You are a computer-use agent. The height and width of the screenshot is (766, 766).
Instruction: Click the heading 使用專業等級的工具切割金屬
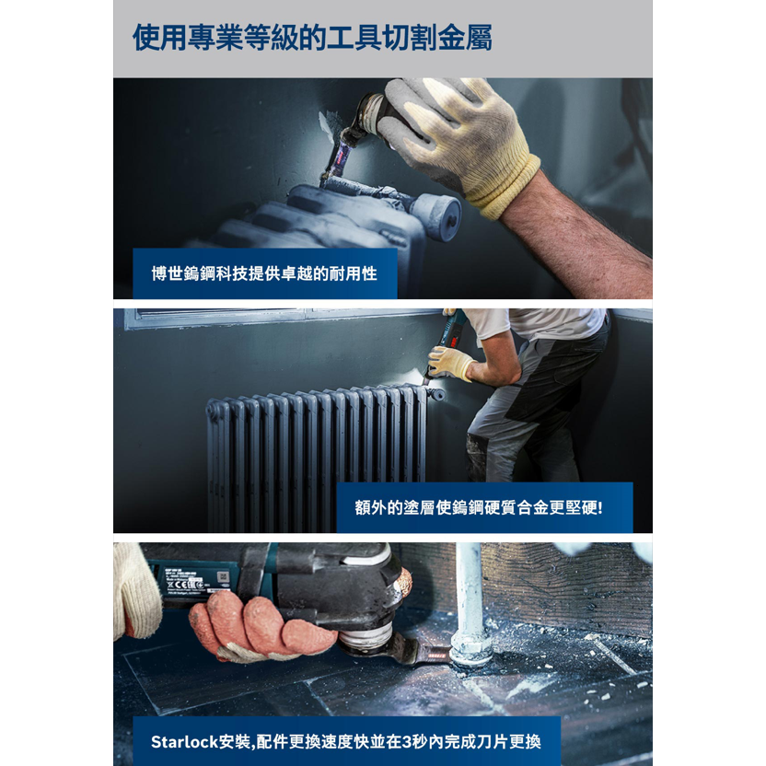(312, 38)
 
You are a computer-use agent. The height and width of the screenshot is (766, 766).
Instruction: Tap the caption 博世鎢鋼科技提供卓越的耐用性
(264, 273)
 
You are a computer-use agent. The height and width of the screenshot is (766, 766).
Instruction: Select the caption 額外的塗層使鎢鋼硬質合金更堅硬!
(479, 507)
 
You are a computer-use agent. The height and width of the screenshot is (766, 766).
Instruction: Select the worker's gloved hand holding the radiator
(448, 363)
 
